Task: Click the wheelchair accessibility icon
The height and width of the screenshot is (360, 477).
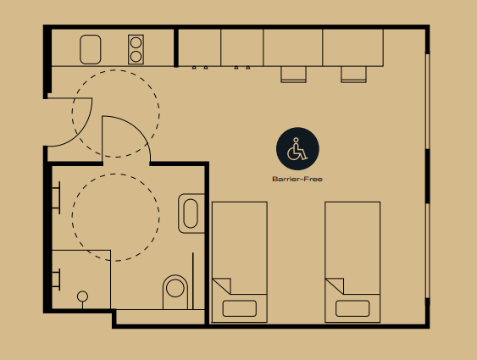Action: pos(297,149)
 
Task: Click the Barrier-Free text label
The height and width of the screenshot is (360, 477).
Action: pos(297,179)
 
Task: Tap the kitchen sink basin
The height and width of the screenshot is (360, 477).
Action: pos(91,49)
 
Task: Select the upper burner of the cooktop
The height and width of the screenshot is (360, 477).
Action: pos(136,42)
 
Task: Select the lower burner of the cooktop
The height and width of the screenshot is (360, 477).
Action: pos(136,57)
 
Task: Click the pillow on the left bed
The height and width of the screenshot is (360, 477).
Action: pos(240,308)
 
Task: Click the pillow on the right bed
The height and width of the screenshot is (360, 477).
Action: pos(352,308)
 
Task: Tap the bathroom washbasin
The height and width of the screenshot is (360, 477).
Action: pos(191,213)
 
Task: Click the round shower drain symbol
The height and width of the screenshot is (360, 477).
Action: pos(82,296)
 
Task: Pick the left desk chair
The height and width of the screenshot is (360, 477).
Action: pos(293,75)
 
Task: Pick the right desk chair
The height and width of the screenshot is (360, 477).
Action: pos(353,75)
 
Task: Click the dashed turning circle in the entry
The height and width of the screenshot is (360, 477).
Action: pos(159,114)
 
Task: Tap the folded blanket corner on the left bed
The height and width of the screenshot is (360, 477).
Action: pos(221,286)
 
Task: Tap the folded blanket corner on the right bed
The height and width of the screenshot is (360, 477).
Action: pos(335,286)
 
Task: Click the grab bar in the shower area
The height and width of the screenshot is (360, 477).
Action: pos(57,280)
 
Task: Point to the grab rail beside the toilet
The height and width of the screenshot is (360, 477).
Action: pos(193,281)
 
